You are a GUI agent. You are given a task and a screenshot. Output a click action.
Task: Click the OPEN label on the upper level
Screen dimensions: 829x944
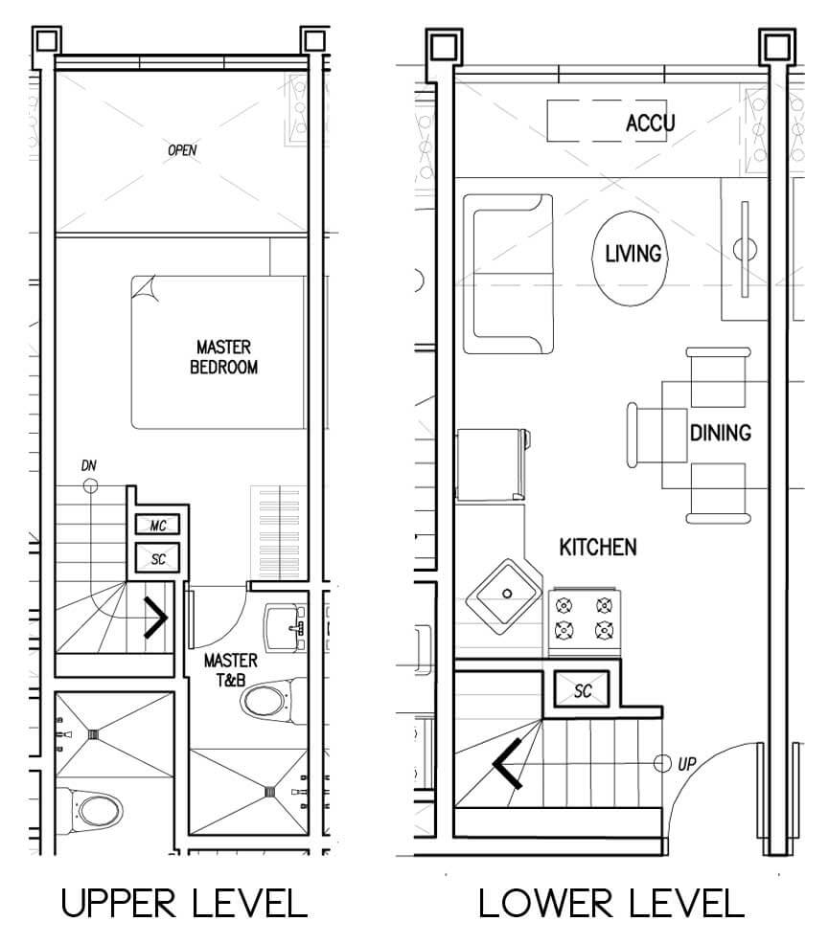tap(182, 150)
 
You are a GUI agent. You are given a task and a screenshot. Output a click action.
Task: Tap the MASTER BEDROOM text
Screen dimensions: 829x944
tap(223, 357)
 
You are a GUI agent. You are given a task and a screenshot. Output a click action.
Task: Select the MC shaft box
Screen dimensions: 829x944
tap(158, 525)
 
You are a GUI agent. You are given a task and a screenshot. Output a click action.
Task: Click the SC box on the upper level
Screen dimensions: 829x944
tap(158, 559)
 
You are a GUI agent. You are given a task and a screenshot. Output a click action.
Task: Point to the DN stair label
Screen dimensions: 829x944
tap(88, 465)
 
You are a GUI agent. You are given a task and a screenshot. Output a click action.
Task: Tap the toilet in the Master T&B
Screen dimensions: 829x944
tap(273, 701)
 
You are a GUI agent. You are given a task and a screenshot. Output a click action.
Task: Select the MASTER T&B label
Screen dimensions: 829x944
tap(230, 670)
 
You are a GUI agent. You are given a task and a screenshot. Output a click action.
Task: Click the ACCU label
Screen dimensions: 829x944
tap(650, 124)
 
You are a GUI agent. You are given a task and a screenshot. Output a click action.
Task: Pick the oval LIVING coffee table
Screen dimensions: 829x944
tap(631, 258)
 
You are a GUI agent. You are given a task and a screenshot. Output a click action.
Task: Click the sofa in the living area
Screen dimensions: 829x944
tap(508, 274)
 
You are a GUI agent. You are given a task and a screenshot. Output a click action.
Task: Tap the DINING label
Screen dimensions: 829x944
tap(721, 433)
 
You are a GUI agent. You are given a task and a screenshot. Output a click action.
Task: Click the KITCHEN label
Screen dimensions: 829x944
tap(598, 548)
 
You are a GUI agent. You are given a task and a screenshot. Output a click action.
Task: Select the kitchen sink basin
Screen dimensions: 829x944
tap(504, 596)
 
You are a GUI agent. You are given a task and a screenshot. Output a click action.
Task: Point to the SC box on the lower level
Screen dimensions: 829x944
tap(582, 690)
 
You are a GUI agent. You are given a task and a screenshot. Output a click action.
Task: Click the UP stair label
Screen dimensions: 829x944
tap(687, 764)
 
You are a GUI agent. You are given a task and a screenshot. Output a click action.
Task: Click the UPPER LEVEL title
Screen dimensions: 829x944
tap(184, 904)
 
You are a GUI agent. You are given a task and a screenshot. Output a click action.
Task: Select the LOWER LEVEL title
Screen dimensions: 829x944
tap(611, 904)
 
